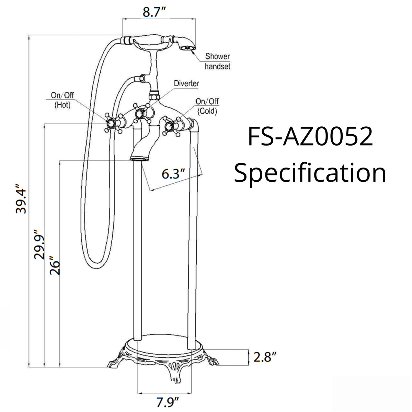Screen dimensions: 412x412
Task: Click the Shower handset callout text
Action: [x=217, y=61]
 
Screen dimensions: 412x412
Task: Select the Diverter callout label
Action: [x=186, y=83]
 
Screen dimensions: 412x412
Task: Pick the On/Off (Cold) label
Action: [x=207, y=106]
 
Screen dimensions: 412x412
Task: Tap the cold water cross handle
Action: [x=169, y=127]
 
